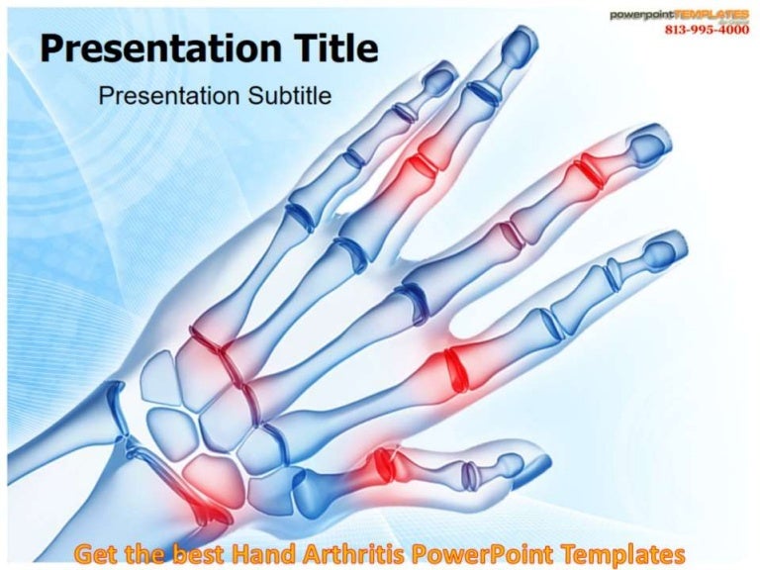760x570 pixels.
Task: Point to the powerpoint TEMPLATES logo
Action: [679, 14]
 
